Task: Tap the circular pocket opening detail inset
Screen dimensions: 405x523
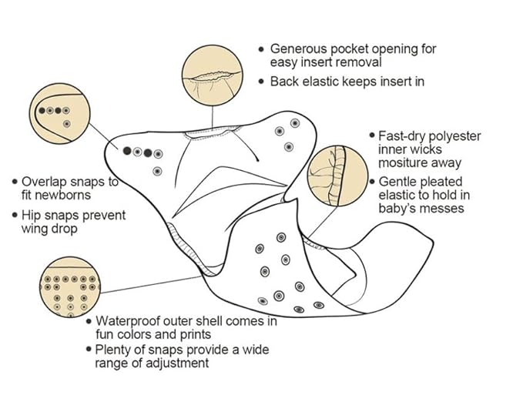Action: click(x=210, y=75)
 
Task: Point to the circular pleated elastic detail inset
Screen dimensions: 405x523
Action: click(x=335, y=175)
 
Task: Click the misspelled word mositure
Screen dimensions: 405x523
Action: click(x=407, y=163)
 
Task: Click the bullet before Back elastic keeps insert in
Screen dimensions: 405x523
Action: click(x=262, y=80)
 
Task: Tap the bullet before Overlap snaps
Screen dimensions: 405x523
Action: click(x=14, y=182)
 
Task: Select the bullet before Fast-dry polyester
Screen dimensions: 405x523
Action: click(x=371, y=136)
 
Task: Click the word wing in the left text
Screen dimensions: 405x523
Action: click(x=35, y=229)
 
